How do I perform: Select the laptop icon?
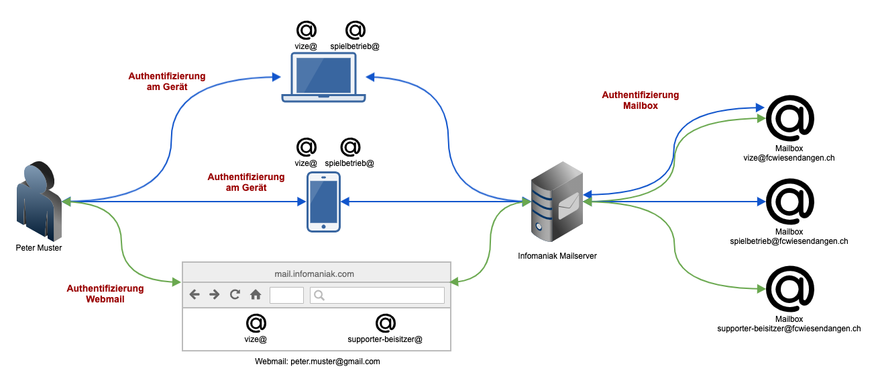(x=323, y=78)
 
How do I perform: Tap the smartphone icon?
(x=323, y=202)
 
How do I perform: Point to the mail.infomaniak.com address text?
(x=315, y=273)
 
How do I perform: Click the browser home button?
(x=256, y=294)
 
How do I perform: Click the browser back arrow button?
(x=195, y=294)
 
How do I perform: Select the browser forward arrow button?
(x=215, y=294)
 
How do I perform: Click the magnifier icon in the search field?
(x=319, y=295)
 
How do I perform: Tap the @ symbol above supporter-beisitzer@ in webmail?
(x=385, y=323)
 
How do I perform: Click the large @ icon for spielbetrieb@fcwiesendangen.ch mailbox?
(x=789, y=202)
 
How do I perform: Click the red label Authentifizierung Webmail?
(x=105, y=294)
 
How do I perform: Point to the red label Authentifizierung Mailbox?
(x=641, y=100)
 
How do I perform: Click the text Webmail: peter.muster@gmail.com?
(x=317, y=362)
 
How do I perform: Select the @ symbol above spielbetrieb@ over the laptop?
(x=355, y=30)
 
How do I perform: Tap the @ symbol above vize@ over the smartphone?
(x=306, y=146)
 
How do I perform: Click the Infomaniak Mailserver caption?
(x=557, y=256)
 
